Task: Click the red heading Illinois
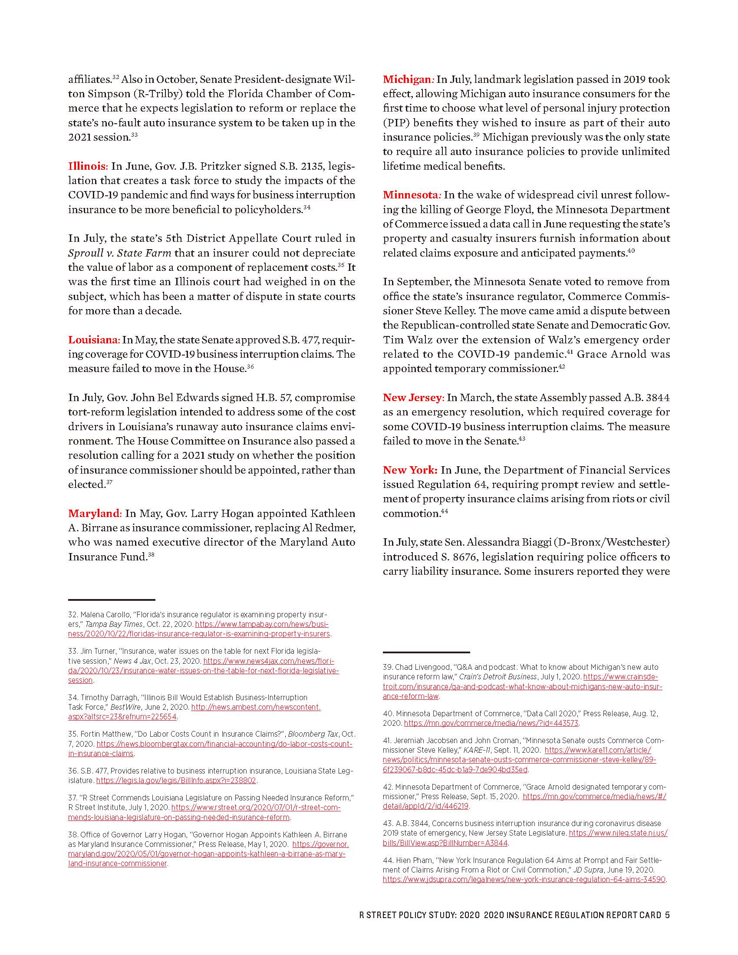[86, 166]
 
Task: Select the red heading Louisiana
[93, 340]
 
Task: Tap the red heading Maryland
[94, 513]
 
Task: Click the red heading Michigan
[407, 79]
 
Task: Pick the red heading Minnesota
[410, 195]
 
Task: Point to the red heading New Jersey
[412, 398]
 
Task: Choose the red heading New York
[409, 470]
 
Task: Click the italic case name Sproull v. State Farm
[119, 253]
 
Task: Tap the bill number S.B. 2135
[301, 166]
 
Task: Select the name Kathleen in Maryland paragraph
[333, 513]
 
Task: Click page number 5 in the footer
[667, 915]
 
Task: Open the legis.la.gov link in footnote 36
[176, 780]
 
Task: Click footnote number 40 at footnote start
[388, 714]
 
